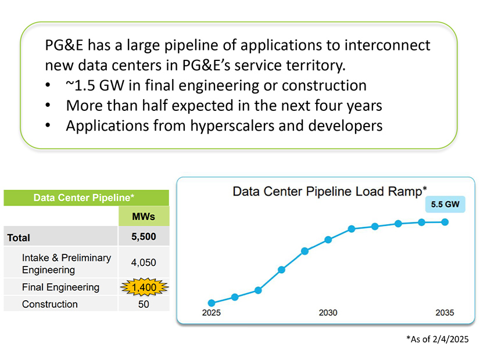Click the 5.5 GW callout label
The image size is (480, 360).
point(445,204)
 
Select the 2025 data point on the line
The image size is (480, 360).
point(212,303)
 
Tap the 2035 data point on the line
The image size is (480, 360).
point(445,222)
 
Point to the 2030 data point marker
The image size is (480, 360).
point(328,239)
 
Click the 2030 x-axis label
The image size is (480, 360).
point(328,312)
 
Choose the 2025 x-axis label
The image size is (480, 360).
point(212,312)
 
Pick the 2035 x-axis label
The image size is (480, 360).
point(445,312)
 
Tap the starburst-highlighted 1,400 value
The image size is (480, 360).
point(144,287)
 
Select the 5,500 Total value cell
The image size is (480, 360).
point(144,236)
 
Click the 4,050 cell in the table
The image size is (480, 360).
point(144,262)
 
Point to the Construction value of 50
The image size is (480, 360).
point(144,304)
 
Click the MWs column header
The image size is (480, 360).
point(144,217)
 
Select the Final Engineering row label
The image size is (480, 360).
point(60,287)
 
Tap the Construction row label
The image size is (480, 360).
point(50,304)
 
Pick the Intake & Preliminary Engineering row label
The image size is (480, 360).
point(66,264)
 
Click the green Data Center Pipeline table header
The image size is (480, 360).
point(87,197)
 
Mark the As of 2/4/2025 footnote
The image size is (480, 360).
point(438,339)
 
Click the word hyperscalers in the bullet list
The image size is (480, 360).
point(232,125)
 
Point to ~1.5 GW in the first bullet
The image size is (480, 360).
point(95,85)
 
